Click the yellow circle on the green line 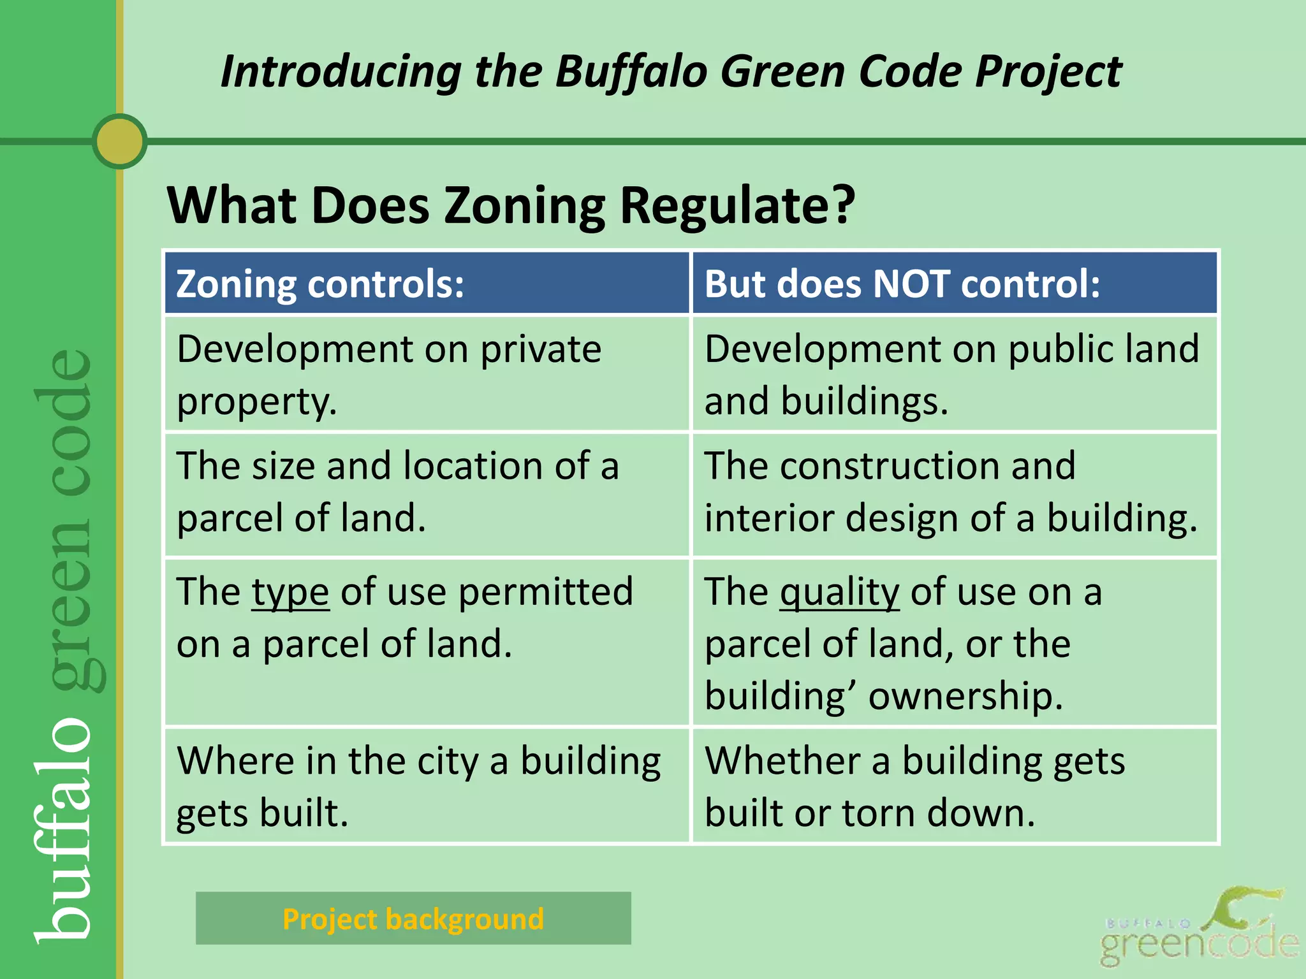click(120, 141)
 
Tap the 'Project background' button click(413, 918)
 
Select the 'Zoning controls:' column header click(427, 284)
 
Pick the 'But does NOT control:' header click(954, 284)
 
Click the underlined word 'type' click(290, 592)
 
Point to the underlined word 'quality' click(839, 592)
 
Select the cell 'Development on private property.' click(427, 374)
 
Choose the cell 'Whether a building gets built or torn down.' click(954, 786)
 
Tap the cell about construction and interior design click(954, 491)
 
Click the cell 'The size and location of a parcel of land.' click(427, 491)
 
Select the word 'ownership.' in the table click(965, 695)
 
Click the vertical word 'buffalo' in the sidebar click(64, 829)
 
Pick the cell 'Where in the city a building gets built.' click(427, 786)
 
